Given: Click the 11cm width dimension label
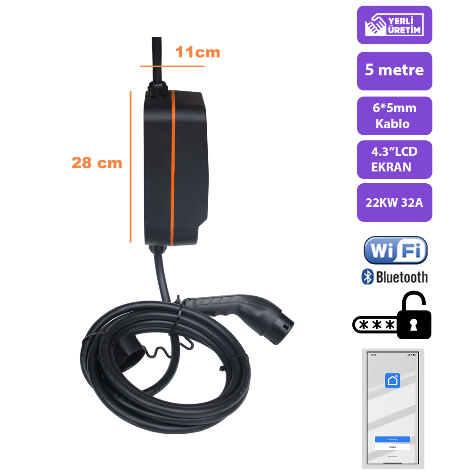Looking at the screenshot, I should [197, 52].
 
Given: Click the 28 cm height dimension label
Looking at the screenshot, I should [97, 163].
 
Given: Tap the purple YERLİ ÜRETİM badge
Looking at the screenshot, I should [394, 25].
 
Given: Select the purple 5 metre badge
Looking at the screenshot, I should [394, 71].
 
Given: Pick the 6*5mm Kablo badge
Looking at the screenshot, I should [394, 116].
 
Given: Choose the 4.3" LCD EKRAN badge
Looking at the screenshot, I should [394, 159].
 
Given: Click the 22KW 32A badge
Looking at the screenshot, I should [394, 203].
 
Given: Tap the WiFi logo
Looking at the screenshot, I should [395, 251].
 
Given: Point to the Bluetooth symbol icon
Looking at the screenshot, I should [367, 277].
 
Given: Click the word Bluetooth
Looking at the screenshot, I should [402, 277].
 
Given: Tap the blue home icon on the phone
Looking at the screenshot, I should [392, 380].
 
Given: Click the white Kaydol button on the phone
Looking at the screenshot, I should [392, 446].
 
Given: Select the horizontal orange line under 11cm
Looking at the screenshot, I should [172, 66].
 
